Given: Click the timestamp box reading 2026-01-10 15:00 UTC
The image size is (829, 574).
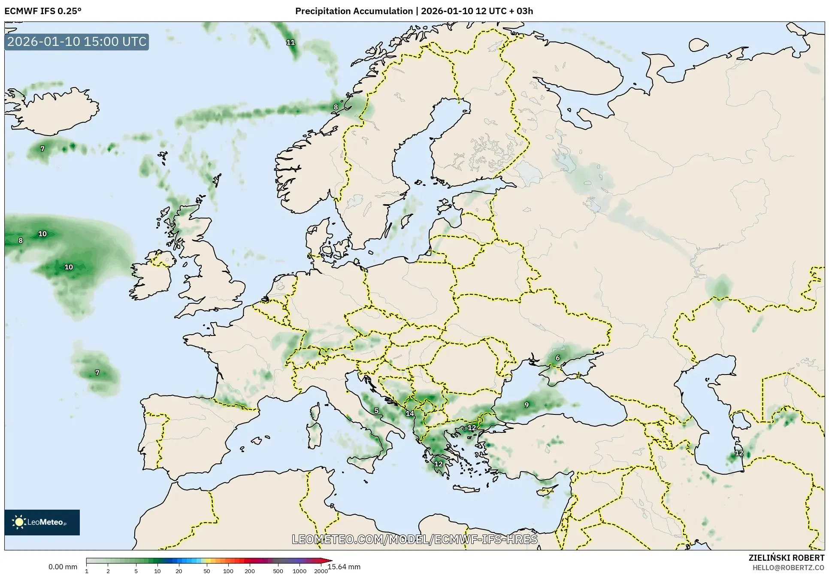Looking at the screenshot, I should tap(77, 42).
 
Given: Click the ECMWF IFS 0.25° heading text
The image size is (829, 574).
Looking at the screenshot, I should tap(43, 11).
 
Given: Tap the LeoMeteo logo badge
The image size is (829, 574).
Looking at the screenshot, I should tap(42, 522).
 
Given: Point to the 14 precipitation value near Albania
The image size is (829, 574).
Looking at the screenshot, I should tap(410, 414).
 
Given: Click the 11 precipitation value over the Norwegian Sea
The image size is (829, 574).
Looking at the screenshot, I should tap(290, 42).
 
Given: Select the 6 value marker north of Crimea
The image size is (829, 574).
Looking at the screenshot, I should tap(557, 358).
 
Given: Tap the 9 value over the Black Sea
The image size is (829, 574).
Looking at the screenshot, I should tap(526, 405).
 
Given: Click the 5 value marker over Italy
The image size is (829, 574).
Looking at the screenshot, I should tap(376, 411).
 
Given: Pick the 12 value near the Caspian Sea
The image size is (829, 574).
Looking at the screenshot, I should tap(739, 453).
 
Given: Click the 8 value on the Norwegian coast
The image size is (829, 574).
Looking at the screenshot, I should tap(336, 107).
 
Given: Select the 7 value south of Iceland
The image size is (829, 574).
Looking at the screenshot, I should tap(42, 149).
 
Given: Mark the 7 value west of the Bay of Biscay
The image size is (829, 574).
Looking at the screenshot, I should tap(97, 372).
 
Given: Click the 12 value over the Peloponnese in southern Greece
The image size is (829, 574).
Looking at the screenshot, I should tap(438, 464).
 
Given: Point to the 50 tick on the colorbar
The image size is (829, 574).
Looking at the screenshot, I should tap(206, 571).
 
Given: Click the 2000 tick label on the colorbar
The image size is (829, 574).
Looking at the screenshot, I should tap(321, 571).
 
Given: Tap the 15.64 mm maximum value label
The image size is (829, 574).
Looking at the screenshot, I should tap(344, 567).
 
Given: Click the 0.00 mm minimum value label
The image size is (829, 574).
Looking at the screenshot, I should tap(63, 567).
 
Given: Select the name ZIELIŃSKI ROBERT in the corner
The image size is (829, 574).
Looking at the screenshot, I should tap(786, 558).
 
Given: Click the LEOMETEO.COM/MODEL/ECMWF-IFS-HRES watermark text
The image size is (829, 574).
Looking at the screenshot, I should tap(414, 539).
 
